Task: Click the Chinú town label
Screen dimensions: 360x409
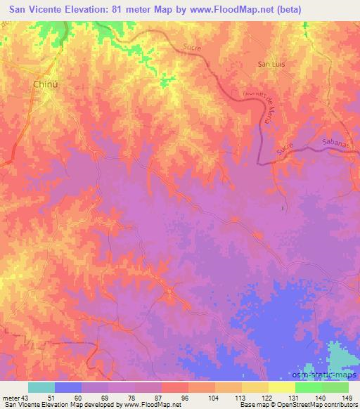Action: [x=45, y=84]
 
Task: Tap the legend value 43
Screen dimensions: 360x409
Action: [x=25, y=398]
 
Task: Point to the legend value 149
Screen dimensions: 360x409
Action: [x=346, y=398]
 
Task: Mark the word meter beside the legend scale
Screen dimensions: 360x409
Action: [x=11, y=398]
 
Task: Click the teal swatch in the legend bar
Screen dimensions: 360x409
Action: [x=41, y=387]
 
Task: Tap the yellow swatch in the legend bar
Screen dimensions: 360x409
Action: [x=281, y=387]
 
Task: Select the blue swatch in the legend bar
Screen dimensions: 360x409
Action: [x=68, y=387]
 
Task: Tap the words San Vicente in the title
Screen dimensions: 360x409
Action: [x=34, y=8]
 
